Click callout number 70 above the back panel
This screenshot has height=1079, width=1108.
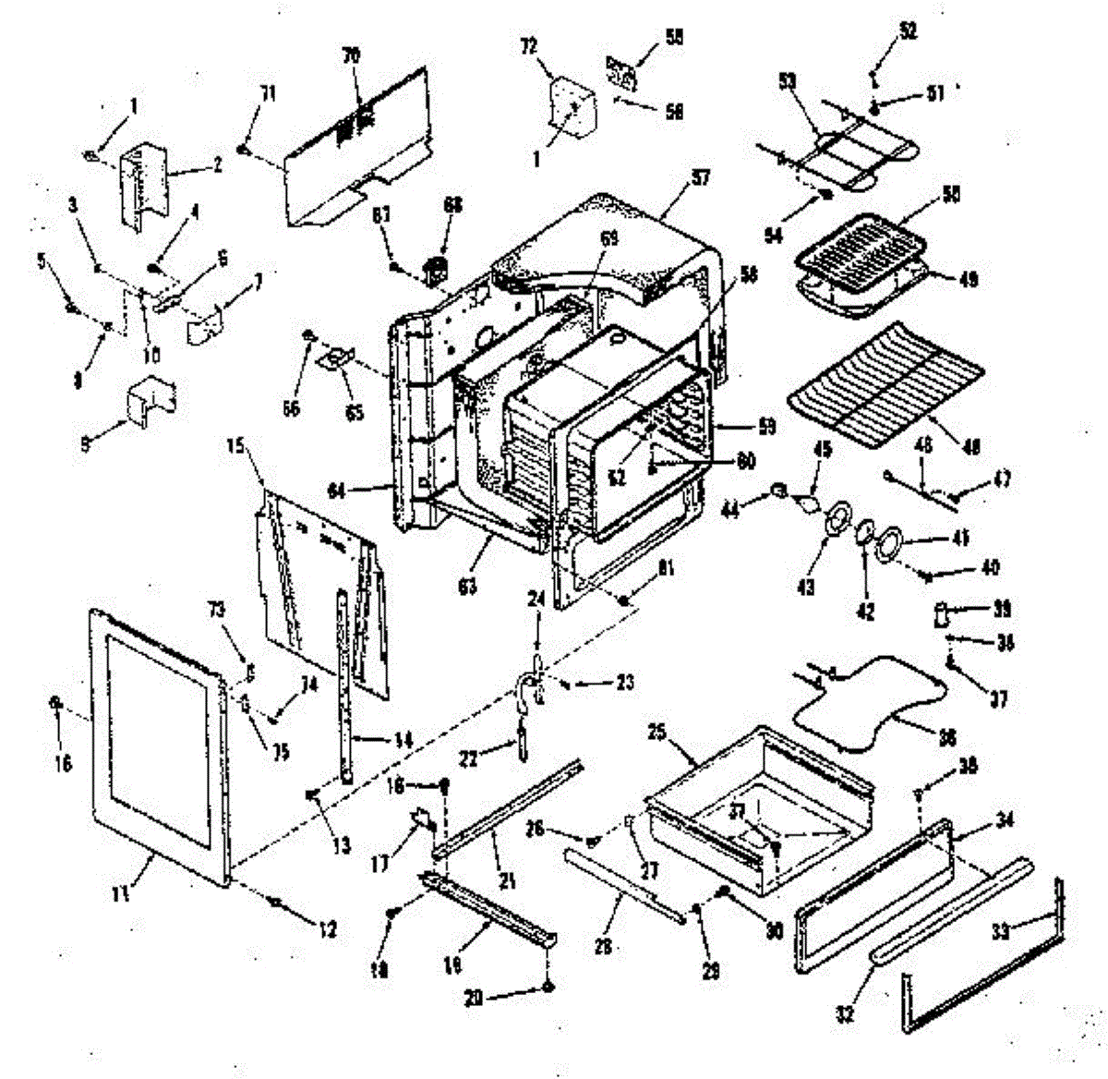pyautogui.click(x=352, y=56)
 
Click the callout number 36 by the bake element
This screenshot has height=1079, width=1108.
pyautogui.click(x=946, y=737)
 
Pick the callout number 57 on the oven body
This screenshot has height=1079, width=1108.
pyautogui.click(x=702, y=177)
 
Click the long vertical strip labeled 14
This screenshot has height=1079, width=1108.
pyautogui.click(x=347, y=684)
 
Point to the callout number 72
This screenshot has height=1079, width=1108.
pyautogui.click(x=529, y=46)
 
